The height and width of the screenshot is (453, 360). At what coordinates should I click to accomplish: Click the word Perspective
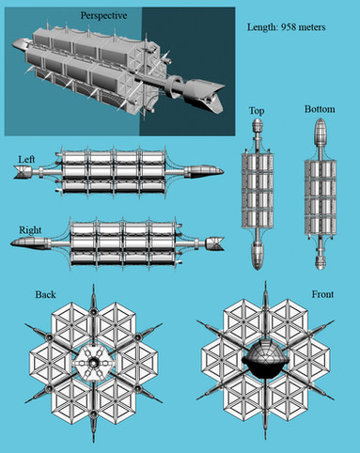pos(103,16)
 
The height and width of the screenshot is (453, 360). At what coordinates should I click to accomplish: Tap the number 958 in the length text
pos(289,27)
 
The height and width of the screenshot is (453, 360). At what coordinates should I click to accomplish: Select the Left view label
pos(26,160)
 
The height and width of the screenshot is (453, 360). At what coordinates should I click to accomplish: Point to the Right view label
pos(30,230)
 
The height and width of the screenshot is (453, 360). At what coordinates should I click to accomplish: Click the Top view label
pos(257,111)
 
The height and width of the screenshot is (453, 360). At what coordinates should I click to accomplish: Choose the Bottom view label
pos(320,109)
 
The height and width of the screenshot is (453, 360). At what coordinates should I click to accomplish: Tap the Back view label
pos(45,294)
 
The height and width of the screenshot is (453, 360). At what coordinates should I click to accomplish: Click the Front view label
pos(322,294)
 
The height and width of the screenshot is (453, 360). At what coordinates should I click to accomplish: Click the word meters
pos(312,27)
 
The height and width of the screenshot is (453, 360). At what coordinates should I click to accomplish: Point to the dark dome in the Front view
pos(265,358)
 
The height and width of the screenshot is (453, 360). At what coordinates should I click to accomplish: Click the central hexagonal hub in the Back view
pos(93,363)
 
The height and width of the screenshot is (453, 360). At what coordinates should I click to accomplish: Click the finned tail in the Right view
pos(215,243)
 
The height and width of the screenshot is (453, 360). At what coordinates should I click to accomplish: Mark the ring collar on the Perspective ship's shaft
pos(174,86)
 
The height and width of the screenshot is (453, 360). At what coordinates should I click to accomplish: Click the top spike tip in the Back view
pos(93,285)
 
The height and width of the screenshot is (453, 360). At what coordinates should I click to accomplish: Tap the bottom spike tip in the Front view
pos(265,439)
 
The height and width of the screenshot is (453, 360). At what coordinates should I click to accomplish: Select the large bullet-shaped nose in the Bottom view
pos(320,132)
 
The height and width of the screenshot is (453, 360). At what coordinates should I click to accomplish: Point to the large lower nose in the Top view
pos(258,256)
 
